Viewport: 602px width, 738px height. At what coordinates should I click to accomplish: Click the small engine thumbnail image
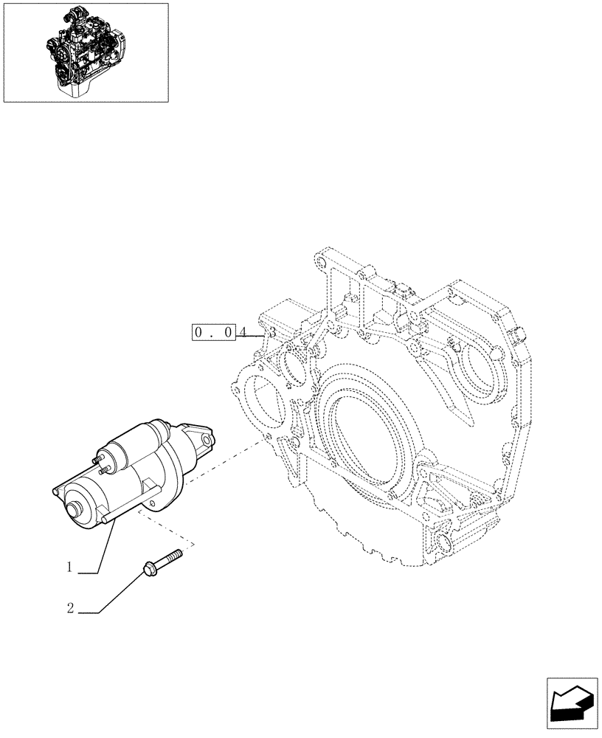point(86,51)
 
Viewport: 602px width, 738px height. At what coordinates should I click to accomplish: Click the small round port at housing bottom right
point(444,545)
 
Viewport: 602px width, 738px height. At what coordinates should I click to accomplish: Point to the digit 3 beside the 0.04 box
point(272,333)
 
